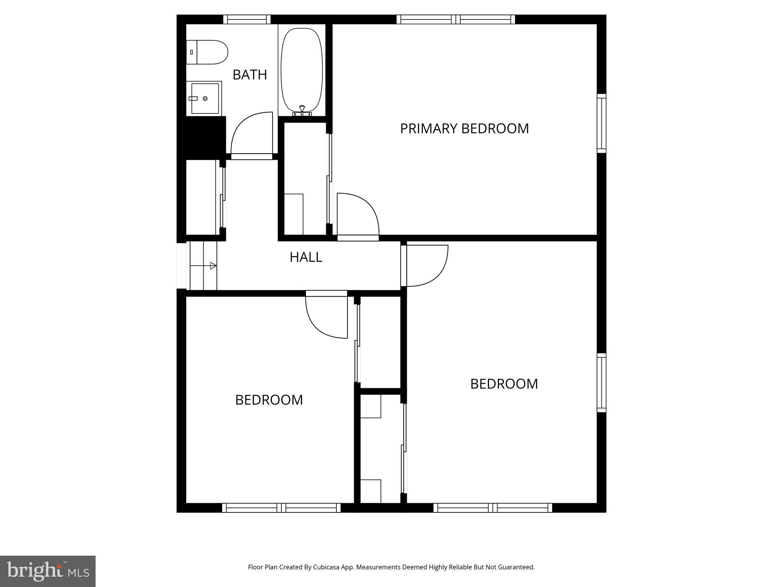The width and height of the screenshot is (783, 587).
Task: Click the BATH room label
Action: [x=250, y=75]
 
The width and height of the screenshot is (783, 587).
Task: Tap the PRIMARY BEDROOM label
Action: [x=464, y=128]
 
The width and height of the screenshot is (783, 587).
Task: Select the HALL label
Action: [x=306, y=257]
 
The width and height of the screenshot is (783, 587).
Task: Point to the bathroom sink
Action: [x=204, y=98]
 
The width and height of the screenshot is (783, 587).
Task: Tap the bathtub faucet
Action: [x=302, y=111]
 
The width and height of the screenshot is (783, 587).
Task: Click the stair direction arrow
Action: [x=213, y=266]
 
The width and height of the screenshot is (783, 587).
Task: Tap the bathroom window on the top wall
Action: [x=247, y=19]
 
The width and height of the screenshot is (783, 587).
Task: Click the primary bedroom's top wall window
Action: [x=456, y=19]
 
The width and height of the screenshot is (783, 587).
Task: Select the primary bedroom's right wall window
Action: [x=601, y=123]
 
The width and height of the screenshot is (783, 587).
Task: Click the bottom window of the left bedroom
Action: [x=281, y=508]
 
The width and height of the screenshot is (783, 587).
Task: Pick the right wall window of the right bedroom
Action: [x=601, y=383]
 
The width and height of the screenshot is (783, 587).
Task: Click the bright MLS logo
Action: [x=48, y=571]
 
